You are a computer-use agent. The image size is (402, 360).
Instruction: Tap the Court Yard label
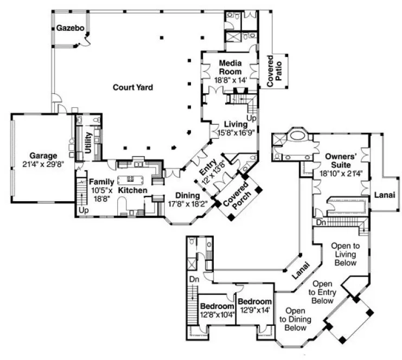click(x=132, y=87)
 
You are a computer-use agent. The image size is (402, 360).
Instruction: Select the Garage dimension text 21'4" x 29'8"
click(x=43, y=164)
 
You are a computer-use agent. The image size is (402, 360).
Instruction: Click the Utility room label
click(x=87, y=142)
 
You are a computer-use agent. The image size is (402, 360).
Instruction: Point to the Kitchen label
click(x=131, y=190)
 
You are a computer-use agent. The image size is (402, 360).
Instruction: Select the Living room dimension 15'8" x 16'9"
click(x=237, y=132)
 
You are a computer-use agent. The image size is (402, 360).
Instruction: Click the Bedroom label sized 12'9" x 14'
click(x=254, y=301)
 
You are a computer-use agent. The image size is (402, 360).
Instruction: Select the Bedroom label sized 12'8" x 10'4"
click(x=216, y=306)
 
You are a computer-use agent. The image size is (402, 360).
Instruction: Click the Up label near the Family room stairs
click(x=84, y=210)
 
